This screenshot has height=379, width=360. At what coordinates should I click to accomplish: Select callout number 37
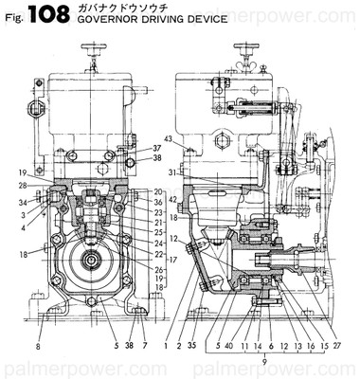point(157,148)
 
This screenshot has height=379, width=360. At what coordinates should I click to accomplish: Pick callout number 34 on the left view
point(20,202)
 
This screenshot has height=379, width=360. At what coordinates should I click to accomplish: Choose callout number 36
point(157,202)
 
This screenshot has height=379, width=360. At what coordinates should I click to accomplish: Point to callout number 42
point(173,200)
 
